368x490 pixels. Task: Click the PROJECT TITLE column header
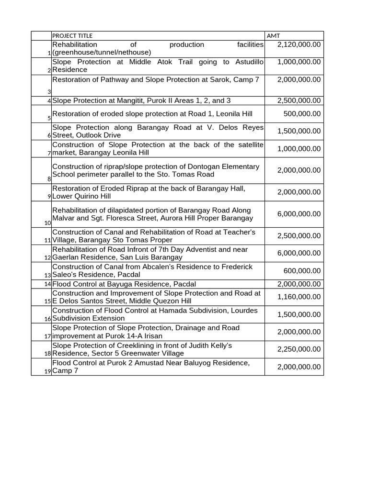pos(72,36)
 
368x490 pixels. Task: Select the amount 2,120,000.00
pos(299,45)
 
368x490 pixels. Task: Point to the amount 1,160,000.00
pos(299,297)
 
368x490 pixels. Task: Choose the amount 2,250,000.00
pos(299,349)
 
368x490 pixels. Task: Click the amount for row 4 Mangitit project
pos(299,101)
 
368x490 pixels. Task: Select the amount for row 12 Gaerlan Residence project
pos(299,254)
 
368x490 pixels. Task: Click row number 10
pos(47,223)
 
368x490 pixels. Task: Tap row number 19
pos(47,371)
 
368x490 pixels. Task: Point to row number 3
pos(49,92)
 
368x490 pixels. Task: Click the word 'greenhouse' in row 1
pos(72,52)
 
